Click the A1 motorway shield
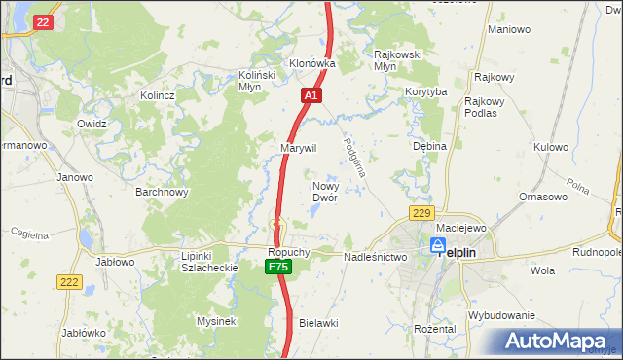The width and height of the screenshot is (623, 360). click(311, 96)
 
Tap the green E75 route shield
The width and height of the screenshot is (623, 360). click(278, 267)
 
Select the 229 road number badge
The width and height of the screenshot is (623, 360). click(421, 214)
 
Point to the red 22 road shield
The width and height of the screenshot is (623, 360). click(42, 21)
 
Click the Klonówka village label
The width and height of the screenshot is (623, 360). click(311, 63)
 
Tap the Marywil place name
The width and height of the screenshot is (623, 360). click(299, 148)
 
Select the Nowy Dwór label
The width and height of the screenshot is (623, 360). click(324, 191)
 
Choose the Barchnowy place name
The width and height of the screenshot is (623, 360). click(162, 192)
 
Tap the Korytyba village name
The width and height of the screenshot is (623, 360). click(425, 92)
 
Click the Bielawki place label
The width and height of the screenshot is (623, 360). click(317, 322)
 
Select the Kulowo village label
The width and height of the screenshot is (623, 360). click(550, 148)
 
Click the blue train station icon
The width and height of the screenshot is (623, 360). click(438, 246)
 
